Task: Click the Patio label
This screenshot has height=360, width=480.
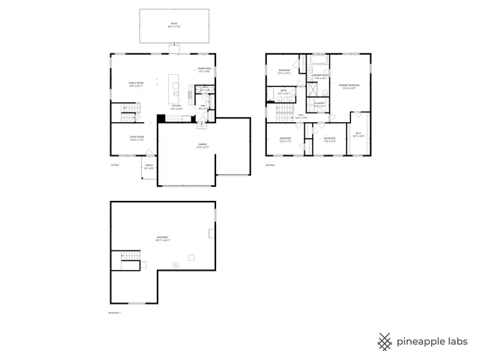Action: click(173, 25)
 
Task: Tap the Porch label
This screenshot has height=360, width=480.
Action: click(149, 167)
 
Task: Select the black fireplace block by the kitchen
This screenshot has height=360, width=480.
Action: click(160, 117)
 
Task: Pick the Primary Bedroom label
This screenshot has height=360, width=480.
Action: click(349, 87)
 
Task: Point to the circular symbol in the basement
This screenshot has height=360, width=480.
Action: click(175, 264)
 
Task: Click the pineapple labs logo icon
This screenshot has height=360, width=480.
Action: click(385, 341)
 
